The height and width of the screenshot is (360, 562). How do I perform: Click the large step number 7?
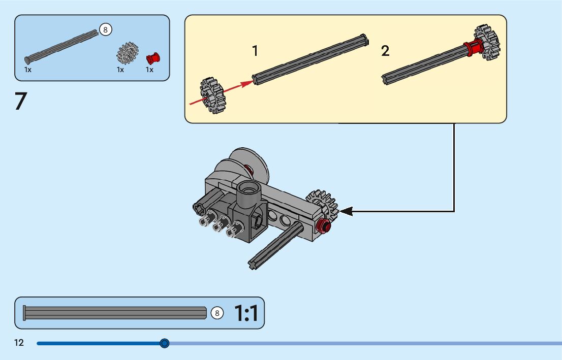(20, 102)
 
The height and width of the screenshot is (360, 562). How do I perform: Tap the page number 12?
(19, 343)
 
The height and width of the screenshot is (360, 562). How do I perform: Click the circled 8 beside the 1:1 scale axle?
(217, 313)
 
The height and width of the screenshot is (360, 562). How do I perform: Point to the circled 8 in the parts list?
(105, 29)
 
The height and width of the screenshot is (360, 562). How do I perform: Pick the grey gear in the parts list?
(128, 53)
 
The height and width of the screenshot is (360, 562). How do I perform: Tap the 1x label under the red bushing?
(149, 70)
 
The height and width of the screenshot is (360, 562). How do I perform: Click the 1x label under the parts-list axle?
(28, 70)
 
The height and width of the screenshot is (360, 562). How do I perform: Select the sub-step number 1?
(255, 51)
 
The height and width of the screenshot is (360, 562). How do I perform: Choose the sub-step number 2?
(385, 51)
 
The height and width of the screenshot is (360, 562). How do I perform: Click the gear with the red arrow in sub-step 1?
(212, 95)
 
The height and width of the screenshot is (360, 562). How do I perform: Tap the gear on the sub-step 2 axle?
(487, 43)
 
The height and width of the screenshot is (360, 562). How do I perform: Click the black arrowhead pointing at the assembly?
(346, 211)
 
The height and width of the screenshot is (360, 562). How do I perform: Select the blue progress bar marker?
(164, 343)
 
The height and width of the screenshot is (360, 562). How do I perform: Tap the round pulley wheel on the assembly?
(249, 165)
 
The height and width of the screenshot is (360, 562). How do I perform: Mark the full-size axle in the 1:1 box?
(114, 313)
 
